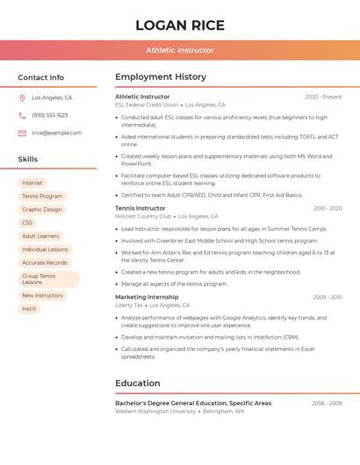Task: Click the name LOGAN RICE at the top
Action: (180, 25)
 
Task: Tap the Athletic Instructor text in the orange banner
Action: (180, 51)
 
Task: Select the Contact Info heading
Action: (41, 77)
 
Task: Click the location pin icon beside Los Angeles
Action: (22, 98)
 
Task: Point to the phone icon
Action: (22, 116)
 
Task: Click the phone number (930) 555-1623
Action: (49, 116)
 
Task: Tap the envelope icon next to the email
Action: (22, 133)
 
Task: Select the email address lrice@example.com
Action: (56, 133)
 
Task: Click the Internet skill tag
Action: (32, 183)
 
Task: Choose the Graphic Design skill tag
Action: (42, 210)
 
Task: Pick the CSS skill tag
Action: (27, 223)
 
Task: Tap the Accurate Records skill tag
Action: (45, 262)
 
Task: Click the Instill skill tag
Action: (29, 309)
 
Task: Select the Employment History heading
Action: (161, 77)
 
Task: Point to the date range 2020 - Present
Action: (323, 97)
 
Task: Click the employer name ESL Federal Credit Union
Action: (147, 104)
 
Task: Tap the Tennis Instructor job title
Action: (140, 208)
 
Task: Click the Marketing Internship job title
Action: (146, 297)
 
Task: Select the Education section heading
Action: (138, 383)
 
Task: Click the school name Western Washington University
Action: (155, 411)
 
